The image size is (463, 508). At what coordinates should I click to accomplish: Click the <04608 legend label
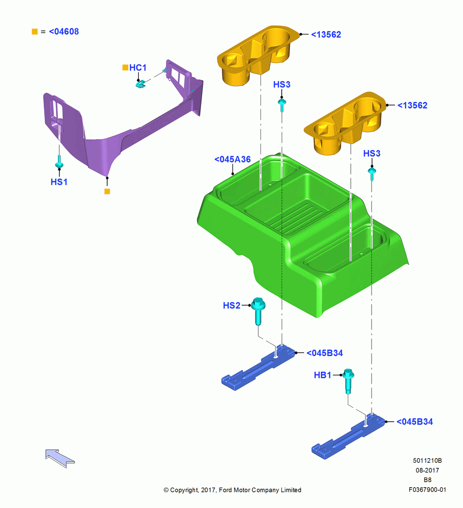64,31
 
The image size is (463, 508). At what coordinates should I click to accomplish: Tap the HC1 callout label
138,68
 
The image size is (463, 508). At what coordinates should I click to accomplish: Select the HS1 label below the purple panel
59,182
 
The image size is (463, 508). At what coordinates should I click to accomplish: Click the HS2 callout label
231,305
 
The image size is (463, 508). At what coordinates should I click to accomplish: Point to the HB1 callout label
322,375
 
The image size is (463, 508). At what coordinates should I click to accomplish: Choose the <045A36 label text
233,159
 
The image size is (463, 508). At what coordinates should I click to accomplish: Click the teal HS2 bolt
258,311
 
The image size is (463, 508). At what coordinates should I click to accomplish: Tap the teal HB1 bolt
348,381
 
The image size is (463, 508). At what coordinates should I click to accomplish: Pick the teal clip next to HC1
140,84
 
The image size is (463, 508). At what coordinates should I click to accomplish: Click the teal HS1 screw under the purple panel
59,163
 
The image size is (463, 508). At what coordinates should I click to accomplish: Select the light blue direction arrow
60,458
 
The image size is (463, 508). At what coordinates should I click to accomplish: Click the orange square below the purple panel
107,191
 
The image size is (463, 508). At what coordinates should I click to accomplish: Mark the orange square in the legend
35,31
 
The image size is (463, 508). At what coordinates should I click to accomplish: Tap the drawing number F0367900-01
427,490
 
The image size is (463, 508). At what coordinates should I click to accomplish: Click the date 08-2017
427,470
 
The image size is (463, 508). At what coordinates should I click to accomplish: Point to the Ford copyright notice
232,490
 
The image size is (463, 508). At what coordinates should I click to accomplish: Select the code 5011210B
427,460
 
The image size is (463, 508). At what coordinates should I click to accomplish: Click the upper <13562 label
326,35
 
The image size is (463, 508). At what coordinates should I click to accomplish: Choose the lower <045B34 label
415,422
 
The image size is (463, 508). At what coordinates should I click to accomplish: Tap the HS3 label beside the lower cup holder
372,153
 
